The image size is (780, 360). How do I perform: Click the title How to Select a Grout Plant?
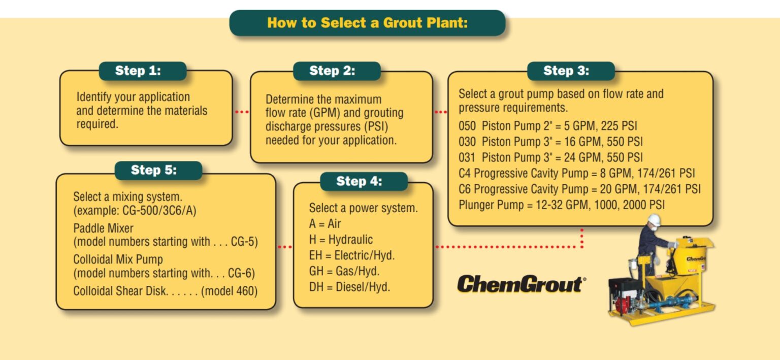367,23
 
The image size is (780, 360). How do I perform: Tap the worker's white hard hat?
654,219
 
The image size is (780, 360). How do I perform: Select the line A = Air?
325,224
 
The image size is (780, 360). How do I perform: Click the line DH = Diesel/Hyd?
349,287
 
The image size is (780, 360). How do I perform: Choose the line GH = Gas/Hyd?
344,271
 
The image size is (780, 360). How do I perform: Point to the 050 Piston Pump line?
547,126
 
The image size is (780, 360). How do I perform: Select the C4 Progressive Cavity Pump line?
576,174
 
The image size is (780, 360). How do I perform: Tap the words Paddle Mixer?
103,228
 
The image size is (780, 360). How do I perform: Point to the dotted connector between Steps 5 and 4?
284,247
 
